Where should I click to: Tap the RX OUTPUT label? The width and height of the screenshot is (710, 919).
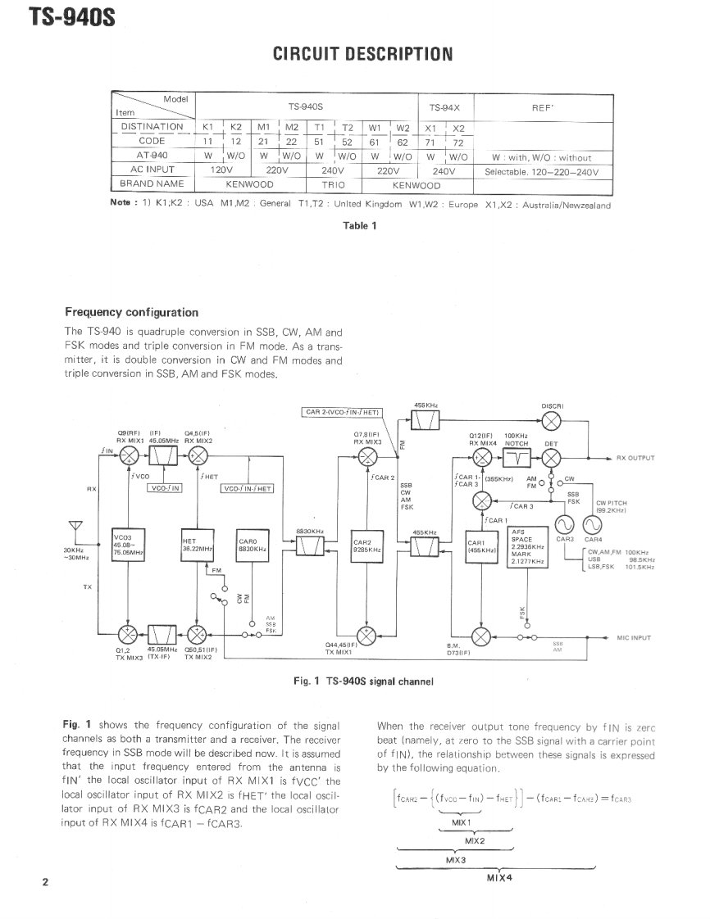635,458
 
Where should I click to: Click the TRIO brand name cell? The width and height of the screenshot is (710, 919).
333,185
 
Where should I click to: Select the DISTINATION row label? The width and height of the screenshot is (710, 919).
152,127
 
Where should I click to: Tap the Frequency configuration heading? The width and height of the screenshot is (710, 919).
131,312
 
